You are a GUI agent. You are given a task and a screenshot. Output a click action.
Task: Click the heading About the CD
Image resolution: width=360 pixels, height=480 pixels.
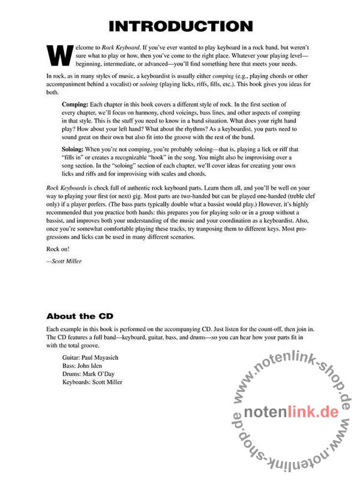click(x=79, y=316)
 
